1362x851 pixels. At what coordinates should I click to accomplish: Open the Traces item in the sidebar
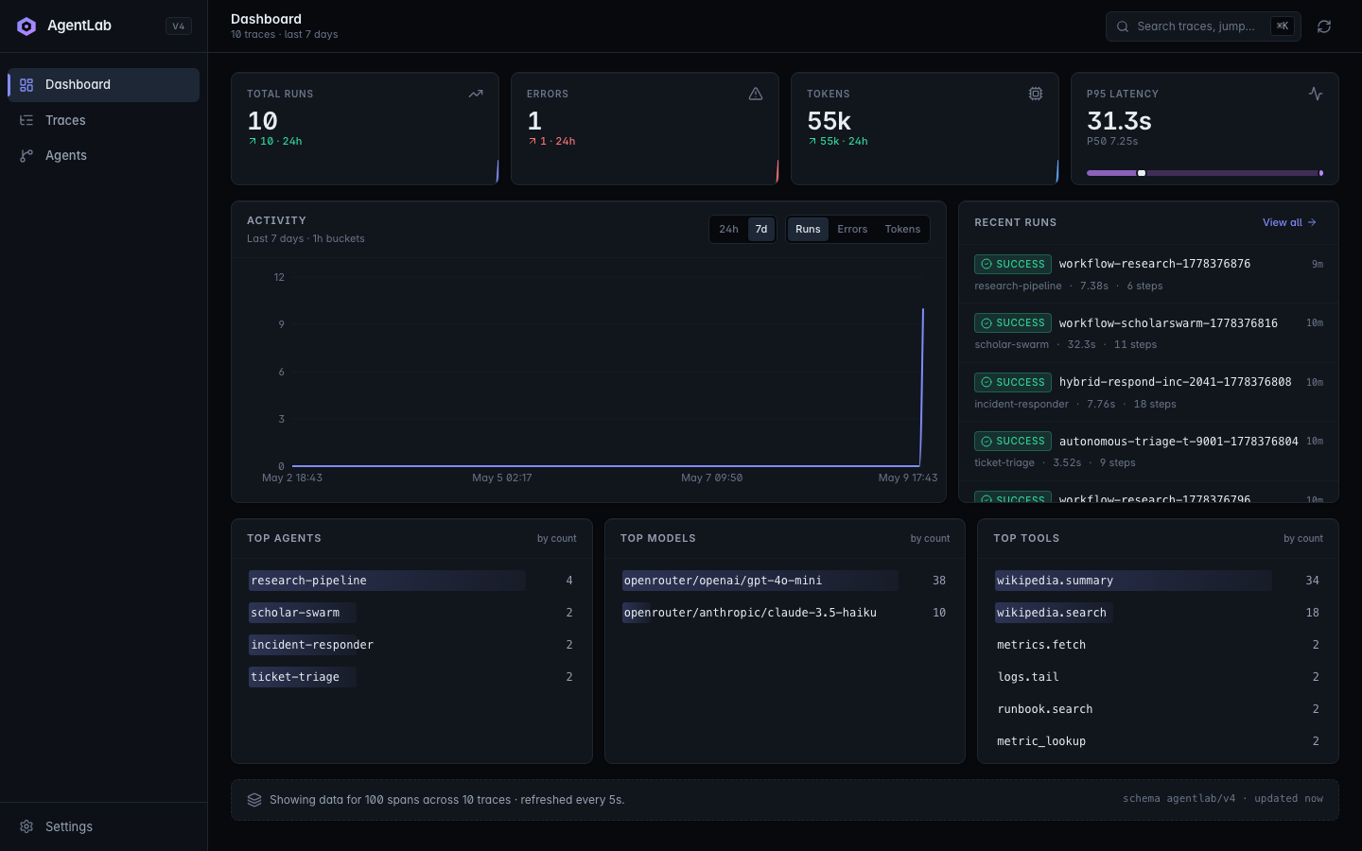tap(65, 120)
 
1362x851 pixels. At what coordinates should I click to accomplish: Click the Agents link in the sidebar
tap(65, 156)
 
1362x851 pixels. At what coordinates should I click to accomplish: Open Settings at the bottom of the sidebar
tap(69, 826)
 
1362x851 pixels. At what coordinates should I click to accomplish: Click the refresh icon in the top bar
tap(1324, 26)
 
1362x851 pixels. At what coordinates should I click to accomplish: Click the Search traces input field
tap(1196, 26)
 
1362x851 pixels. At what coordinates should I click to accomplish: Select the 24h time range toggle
tap(728, 229)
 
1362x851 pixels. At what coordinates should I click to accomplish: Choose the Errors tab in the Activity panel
tap(852, 229)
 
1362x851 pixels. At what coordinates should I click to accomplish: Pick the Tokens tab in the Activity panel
tap(902, 229)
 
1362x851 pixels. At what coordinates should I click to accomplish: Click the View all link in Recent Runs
tap(1289, 222)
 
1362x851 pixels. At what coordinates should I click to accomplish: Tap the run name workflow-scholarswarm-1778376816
tap(1168, 323)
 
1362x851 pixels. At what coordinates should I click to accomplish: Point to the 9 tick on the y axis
tap(281, 324)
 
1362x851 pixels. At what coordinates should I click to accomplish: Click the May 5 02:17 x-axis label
tap(501, 478)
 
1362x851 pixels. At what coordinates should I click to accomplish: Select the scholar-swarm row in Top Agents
tap(411, 613)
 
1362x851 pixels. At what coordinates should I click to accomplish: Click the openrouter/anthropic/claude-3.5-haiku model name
tap(750, 613)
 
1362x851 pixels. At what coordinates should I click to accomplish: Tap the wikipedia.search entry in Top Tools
tap(1052, 613)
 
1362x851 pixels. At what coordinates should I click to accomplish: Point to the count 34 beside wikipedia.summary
tap(1312, 581)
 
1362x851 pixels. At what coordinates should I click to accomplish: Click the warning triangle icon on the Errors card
tap(755, 94)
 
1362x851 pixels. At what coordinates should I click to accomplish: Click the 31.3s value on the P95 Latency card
tap(1119, 121)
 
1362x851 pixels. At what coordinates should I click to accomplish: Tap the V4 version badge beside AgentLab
tap(178, 26)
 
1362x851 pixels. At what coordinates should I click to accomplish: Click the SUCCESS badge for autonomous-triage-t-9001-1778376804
tap(1012, 442)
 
